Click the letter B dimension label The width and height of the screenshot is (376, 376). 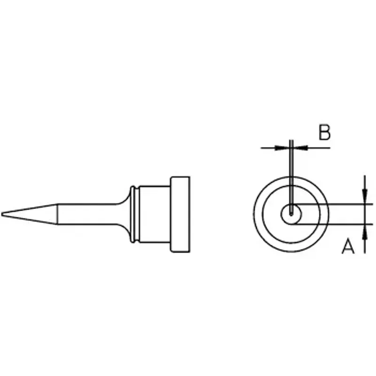324,132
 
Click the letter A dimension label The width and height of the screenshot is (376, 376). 348,246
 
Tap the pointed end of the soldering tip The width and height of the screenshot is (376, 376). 2,214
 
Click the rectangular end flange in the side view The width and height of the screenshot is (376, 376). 180,214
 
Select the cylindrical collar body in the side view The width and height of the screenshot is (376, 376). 155,214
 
